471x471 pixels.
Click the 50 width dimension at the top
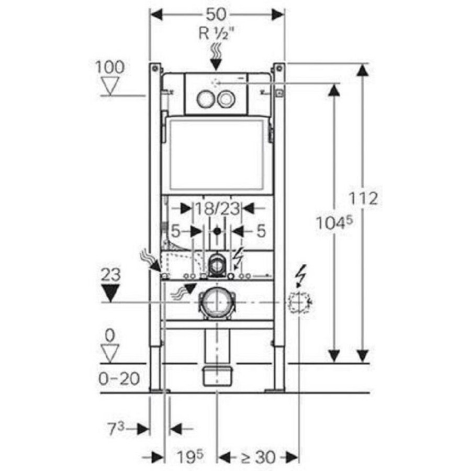tap(217, 14)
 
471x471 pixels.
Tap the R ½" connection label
tap(216, 33)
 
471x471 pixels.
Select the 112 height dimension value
tap(363, 198)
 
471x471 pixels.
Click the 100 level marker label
tap(110, 68)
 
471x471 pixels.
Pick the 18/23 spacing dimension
tap(218, 208)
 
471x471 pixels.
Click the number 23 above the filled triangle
tap(110, 275)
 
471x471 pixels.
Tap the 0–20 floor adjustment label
tap(119, 379)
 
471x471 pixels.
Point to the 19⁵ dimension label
tap(189, 457)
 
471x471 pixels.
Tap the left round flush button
tap(206, 99)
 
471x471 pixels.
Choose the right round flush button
tap(225, 99)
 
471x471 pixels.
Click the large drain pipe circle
tap(217, 302)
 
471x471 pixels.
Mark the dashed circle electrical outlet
tap(299, 302)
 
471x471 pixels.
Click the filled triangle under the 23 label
tap(110, 293)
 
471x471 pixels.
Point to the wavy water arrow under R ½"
tap(216, 57)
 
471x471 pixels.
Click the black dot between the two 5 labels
tap(217, 231)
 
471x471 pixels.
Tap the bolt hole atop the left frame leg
tap(155, 68)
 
